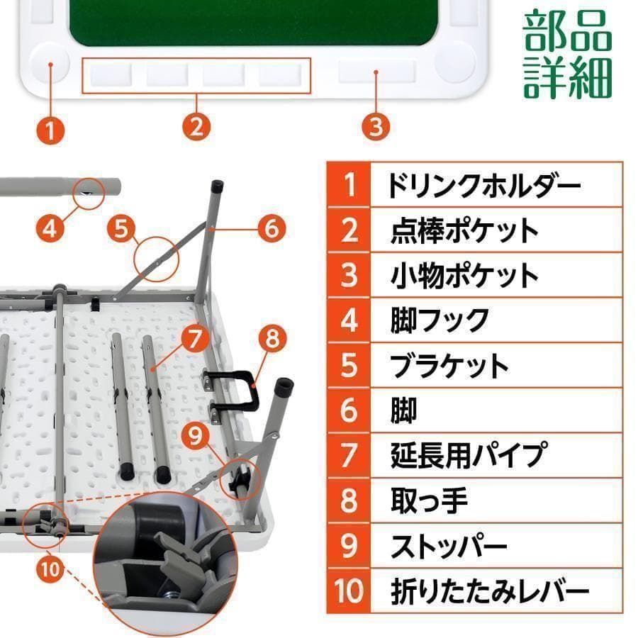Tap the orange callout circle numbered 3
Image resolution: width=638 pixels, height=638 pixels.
(376, 127)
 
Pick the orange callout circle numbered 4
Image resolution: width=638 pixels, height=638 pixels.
(50, 228)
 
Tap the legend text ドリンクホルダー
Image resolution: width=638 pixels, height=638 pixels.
(484, 185)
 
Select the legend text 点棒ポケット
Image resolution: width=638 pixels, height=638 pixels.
(464, 230)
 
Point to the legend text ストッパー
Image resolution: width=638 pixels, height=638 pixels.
(449, 546)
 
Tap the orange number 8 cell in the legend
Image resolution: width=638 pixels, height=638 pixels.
(348, 500)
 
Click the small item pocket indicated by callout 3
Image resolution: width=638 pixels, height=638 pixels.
(376, 71)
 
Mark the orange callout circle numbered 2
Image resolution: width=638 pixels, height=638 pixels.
(196, 127)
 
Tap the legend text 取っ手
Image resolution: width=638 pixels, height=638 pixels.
(429, 500)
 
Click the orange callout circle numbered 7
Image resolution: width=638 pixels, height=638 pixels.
(196, 338)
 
